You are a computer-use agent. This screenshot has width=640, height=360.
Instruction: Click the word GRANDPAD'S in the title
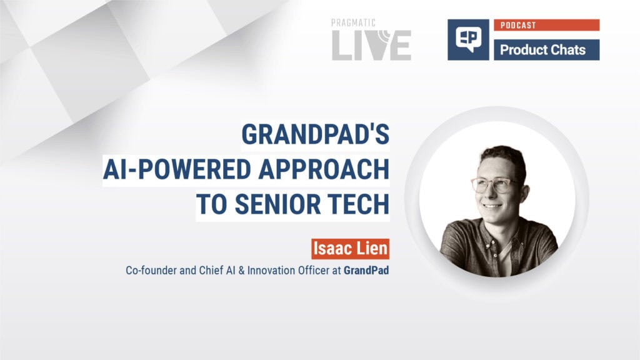(316, 136)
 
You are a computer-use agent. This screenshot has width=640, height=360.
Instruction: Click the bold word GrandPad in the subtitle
(366, 272)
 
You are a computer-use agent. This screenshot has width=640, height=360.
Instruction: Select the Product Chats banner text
(542, 50)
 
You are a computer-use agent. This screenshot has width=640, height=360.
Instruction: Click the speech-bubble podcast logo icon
(468, 39)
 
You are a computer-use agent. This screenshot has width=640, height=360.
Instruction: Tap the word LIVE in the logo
(371, 46)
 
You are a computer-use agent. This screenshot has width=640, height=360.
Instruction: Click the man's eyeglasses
(491, 184)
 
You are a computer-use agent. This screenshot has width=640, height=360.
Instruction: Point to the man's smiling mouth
(492, 205)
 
